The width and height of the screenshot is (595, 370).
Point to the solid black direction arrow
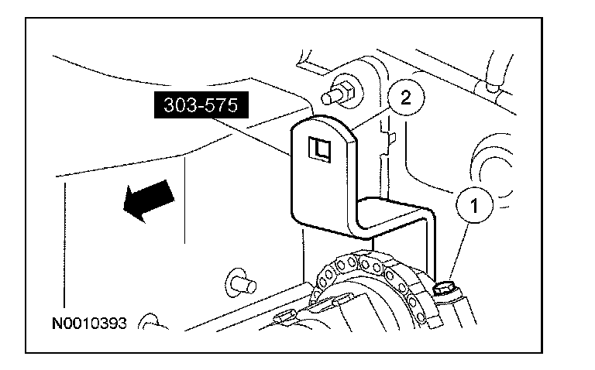(146, 200)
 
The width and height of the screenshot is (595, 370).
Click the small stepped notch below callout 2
(391, 139)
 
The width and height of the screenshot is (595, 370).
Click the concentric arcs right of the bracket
(496, 166)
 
